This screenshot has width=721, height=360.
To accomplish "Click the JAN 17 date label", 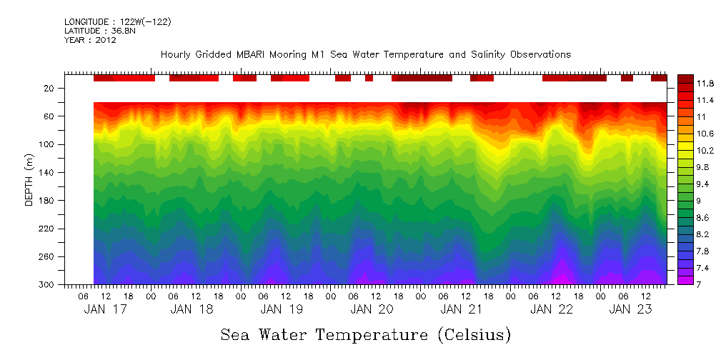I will click(106, 309).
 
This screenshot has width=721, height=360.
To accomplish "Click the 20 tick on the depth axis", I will click(50, 89).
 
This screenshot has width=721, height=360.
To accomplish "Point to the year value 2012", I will click(106, 40).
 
